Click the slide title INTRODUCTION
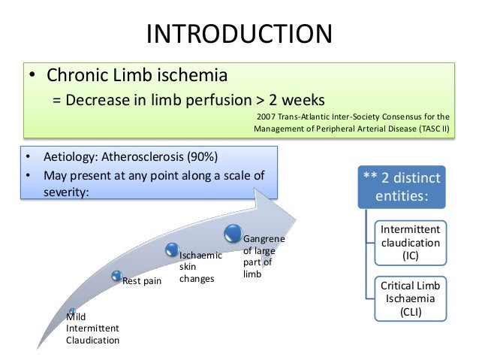[x=239, y=33]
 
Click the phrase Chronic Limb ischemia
[x=138, y=76]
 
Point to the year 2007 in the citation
[x=267, y=116]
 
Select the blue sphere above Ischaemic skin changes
[x=172, y=247]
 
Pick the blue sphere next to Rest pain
[x=116, y=277]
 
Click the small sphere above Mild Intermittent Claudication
[x=71, y=310]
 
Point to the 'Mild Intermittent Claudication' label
[x=92, y=328]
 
